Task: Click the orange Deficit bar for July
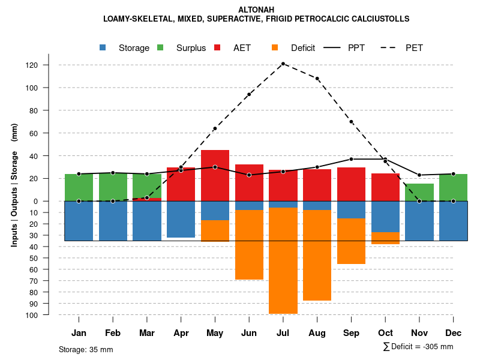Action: click(x=283, y=260)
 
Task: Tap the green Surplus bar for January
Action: click(x=79, y=187)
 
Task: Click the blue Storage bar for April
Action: click(x=181, y=219)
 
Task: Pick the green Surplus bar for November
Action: click(x=419, y=192)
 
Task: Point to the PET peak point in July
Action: click(x=283, y=64)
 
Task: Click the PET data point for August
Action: click(x=317, y=79)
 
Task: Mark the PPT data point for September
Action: click(x=351, y=159)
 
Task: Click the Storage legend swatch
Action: click(x=103, y=48)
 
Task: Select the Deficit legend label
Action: click(x=303, y=48)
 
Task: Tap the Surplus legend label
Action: click(x=191, y=48)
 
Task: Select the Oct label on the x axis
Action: click(x=385, y=333)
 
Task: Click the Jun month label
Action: click(x=249, y=333)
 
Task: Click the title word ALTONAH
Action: click(x=256, y=10)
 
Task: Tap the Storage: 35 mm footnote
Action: click(x=86, y=349)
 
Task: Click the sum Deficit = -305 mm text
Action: click(x=418, y=347)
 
